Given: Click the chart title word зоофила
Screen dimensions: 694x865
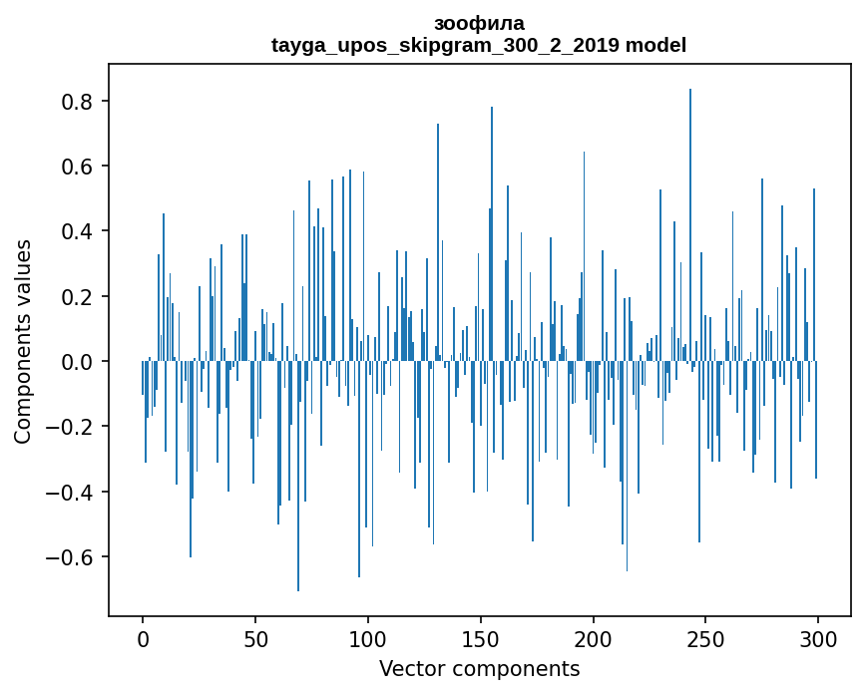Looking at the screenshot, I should [479, 23].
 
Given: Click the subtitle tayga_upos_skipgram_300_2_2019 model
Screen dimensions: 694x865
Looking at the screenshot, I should [479, 45].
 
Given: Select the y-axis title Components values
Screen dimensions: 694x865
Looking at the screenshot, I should [23, 341].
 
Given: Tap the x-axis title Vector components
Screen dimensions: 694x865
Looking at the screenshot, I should [479, 668].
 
